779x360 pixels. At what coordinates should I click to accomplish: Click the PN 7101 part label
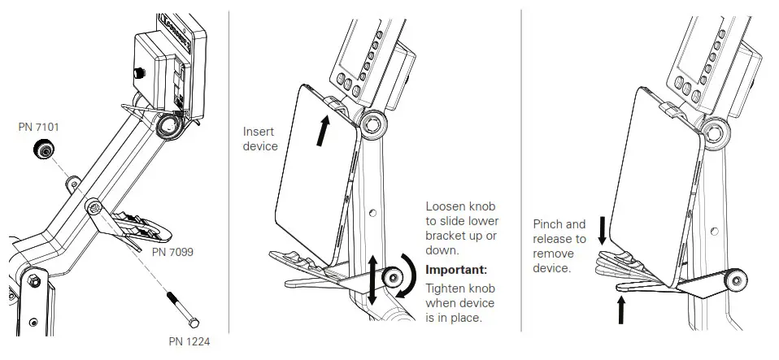coord(39,127)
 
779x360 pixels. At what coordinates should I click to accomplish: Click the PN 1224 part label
coord(190,341)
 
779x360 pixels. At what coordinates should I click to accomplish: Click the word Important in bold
coord(456,269)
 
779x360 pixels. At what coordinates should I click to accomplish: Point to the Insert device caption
coord(260,138)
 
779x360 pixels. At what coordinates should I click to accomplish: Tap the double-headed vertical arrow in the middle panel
coord(372,280)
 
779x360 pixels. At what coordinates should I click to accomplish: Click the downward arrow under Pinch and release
coord(603,230)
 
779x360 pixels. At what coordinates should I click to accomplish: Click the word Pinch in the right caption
coord(548,224)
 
